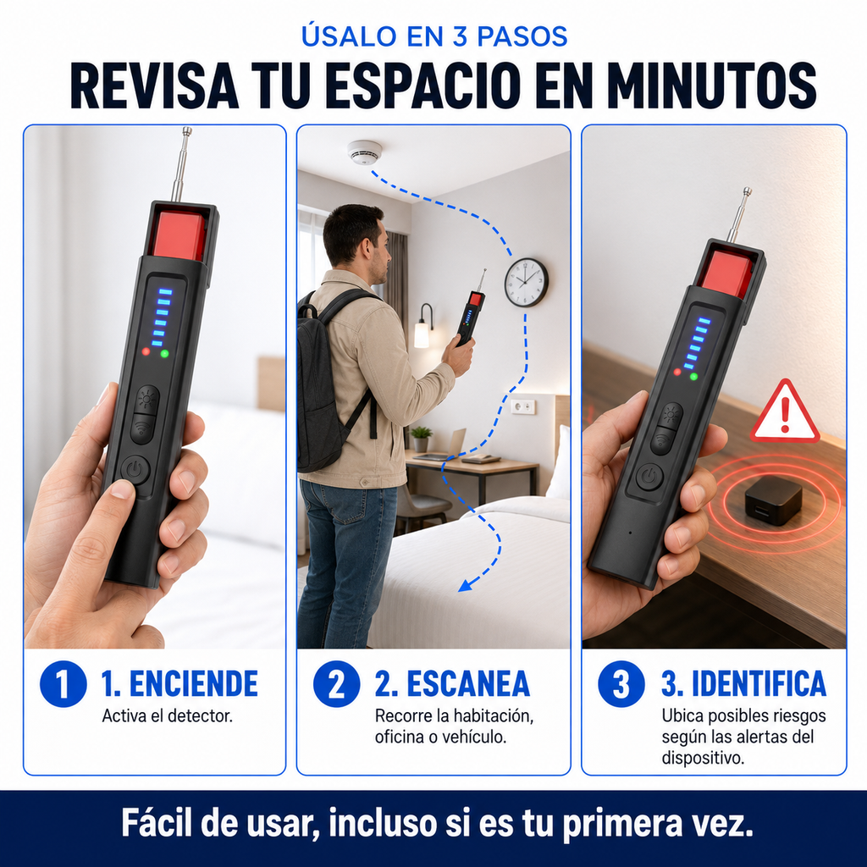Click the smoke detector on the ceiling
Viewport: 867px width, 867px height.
365,152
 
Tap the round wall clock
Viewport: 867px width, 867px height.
526,283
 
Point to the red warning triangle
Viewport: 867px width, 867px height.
785,412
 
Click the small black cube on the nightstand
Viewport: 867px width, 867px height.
773,500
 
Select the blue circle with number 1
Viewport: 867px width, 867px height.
63,684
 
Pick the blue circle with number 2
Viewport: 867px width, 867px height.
336,684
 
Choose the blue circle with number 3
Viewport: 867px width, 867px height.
621,684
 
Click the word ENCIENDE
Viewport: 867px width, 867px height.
194,684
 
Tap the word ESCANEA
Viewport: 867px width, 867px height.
468,684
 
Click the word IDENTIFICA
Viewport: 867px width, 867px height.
759,684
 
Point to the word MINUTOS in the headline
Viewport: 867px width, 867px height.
711,86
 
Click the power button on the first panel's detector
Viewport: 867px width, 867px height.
135,471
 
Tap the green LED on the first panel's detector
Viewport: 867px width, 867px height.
164,353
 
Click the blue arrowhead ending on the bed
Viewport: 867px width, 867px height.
467,585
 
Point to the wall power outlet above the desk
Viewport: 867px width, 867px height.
522,407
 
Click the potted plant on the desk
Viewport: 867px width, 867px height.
422,439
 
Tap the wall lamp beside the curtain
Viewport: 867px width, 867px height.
423,326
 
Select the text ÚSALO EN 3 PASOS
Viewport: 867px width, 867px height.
434,36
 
